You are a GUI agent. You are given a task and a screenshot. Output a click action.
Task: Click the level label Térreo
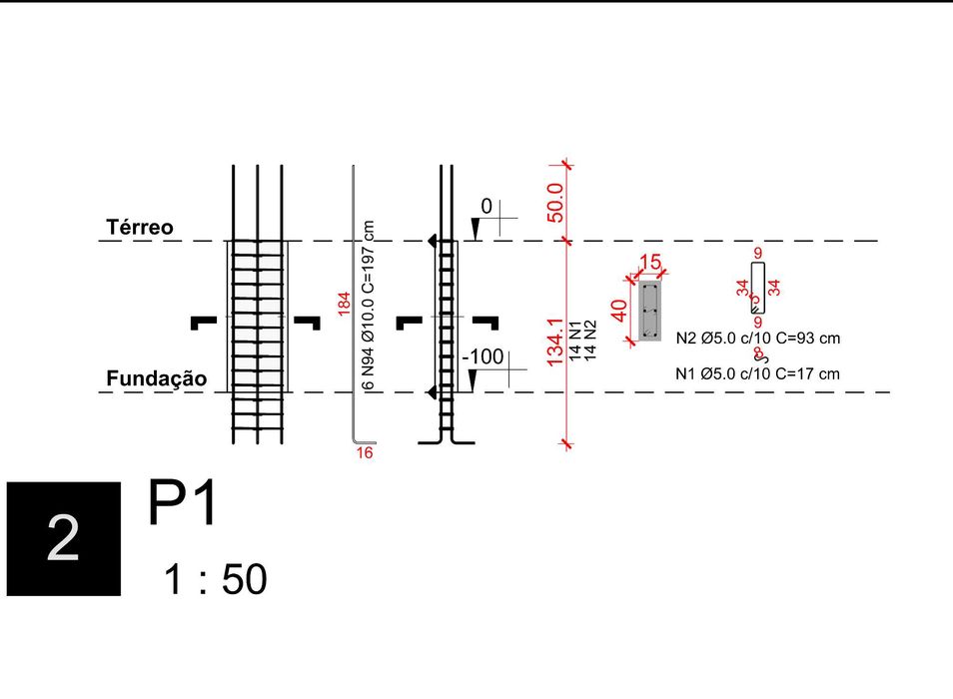(140, 228)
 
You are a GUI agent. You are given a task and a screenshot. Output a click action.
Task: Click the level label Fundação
(157, 378)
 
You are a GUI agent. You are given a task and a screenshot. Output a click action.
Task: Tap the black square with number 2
(64, 538)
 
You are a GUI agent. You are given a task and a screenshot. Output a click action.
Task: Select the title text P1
(183, 504)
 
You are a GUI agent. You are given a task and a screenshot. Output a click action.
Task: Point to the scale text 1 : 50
(217, 579)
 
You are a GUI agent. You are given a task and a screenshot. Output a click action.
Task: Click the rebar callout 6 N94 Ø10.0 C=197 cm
(368, 305)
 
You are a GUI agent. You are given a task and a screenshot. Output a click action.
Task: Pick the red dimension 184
(344, 305)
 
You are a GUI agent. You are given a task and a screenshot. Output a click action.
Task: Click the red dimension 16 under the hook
(365, 453)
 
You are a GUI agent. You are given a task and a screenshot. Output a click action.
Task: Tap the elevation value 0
(486, 207)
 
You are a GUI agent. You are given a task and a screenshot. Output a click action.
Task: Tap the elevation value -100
(482, 356)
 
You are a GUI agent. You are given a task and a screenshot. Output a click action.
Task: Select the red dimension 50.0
(557, 202)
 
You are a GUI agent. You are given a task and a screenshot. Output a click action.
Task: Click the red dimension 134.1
(557, 342)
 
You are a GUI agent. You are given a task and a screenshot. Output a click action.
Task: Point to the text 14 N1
(575, 340)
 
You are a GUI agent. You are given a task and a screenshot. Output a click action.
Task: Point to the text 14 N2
(590, 340)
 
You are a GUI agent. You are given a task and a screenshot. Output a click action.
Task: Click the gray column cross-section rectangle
(649, 311)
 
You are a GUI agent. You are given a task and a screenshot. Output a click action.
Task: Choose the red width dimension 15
(649, 263)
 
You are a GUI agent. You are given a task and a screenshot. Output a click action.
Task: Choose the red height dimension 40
(619, 311)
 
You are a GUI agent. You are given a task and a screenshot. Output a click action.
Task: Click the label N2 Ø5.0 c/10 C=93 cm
(758, 339)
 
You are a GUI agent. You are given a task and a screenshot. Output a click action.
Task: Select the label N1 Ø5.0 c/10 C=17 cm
(757, 374)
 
